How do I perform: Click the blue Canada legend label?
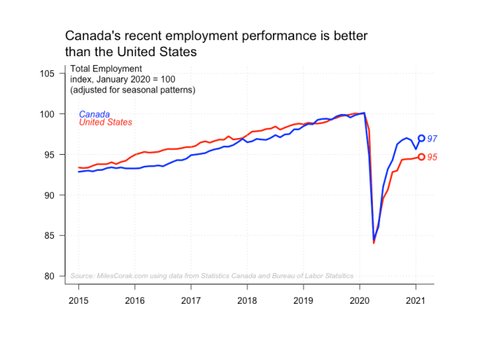(94, 114)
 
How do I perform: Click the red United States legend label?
(105, 122)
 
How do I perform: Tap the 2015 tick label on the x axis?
(79, 300)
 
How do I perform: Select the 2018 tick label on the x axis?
(247, 300)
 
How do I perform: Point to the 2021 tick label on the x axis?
(416, 300)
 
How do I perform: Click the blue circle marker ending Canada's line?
(422, 138)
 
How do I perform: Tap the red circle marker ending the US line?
(422, 157)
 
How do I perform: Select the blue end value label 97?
(432, 139)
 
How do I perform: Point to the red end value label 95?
(432, 158)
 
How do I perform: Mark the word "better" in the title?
(350, 36)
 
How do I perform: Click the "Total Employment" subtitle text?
(106, 69)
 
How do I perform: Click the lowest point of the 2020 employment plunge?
(374, 242)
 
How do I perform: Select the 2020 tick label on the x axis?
(360, 300)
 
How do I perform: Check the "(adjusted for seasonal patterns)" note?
(133, 91)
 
